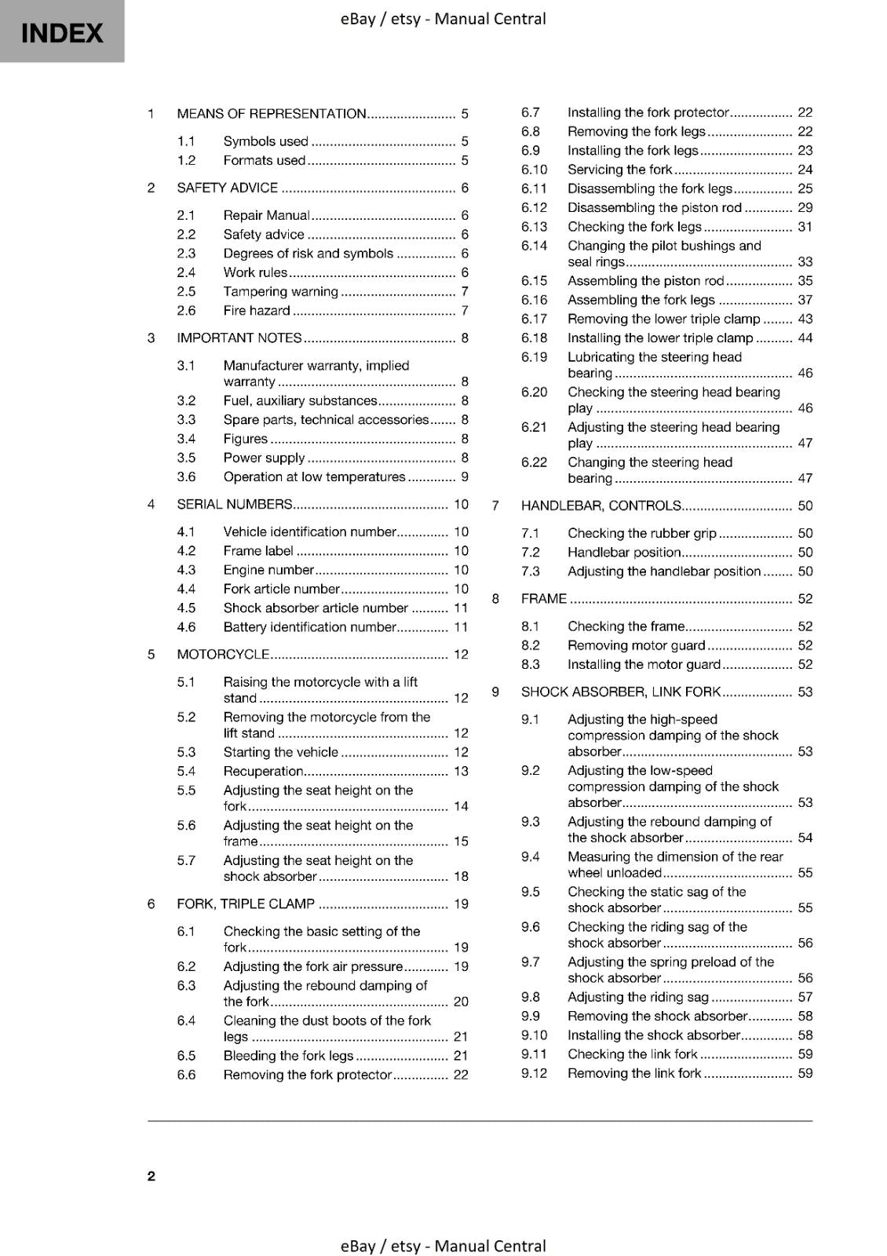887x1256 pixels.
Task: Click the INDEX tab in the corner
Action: (x=62, y=32)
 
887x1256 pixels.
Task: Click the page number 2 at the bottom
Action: (x=151, y=1175)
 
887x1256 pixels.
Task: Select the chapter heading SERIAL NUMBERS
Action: (x=235, y=505)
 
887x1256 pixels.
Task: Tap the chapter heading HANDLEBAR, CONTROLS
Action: (x=600, y=506)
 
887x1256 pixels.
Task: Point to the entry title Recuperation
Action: (x=263, y=771)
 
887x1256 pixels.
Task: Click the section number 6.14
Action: (x=534, y=246)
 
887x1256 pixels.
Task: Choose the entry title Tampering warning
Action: (x=280, y=291)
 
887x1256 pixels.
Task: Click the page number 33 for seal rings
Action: (x=805, y=262)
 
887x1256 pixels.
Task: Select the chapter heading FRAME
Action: (x=543, y=599)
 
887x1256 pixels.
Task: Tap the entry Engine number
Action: (x=268, y=570)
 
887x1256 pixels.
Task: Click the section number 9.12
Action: (x=534, y=1073)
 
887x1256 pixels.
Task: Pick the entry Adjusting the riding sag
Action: (x=637, y=997)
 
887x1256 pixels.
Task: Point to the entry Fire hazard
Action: (x=257, y=311)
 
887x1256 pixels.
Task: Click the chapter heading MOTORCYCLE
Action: (x=223, y=654)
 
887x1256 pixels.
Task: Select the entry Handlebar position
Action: (x=624, y=553)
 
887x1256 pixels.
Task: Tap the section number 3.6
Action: (x=186, y=477)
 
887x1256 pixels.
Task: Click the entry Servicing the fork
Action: (x=619, y=170)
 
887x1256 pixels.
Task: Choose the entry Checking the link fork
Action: (x=632, y=1054)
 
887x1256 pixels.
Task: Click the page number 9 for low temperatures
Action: (x=465, y=477)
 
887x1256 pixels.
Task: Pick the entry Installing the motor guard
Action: (x=644, y=665)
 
